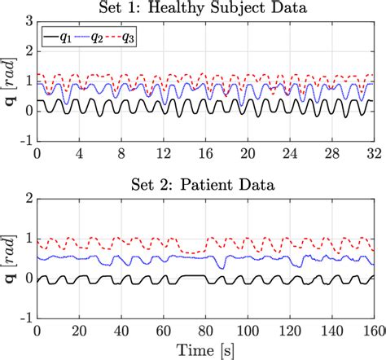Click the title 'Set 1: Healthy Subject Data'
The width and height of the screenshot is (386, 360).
205,9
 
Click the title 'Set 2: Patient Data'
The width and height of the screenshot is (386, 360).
205,185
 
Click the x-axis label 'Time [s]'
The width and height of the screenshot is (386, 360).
205,350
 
